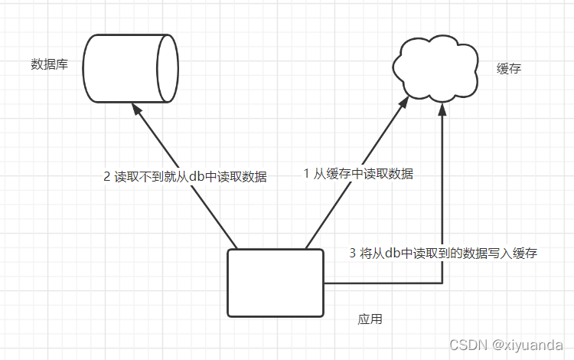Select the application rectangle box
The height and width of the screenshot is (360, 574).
(x=276, y=283)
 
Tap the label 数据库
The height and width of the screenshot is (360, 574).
(x=49, y=65)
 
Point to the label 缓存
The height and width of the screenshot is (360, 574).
(x=509, y=69)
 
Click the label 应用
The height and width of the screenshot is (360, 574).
(x=370, y=319)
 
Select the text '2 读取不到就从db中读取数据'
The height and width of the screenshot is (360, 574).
(x=185, y=177)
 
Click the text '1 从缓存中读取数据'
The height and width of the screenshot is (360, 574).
(x=358, y=174)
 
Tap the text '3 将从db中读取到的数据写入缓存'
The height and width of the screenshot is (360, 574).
(x=443, y=254)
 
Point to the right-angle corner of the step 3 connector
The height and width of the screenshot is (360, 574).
(x=442, y=283)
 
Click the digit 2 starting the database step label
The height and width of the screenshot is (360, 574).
(x=107, y=177)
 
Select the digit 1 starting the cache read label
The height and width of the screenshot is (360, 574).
(x=307, y=174)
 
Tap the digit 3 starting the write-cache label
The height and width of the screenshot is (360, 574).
(x=352, y=254)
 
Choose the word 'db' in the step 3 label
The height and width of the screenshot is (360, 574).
(x=393, y=254)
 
